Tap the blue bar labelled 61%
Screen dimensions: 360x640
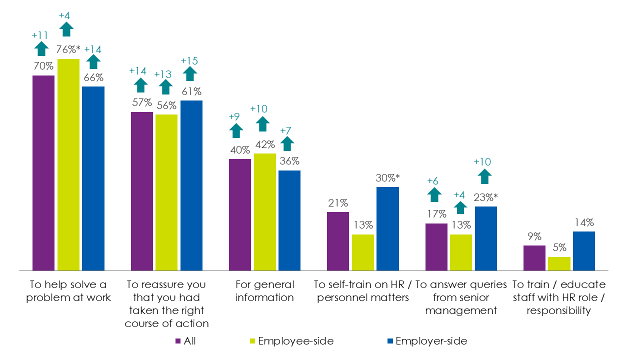coord(191,185)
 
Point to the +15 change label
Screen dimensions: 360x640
coord(189,60)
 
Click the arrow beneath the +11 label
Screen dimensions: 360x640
coord(41,48)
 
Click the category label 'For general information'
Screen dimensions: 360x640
coord(264,291)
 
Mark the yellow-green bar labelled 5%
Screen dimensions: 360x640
coord(559,263)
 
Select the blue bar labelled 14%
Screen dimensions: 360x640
coord(583,250)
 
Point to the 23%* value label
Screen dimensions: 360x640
coord(486,198)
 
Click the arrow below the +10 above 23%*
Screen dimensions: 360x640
coord(484,176)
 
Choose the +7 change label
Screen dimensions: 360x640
coord(286,131)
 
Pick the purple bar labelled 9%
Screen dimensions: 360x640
coord(534,257)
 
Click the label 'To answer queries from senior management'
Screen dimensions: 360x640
coord(461,297)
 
